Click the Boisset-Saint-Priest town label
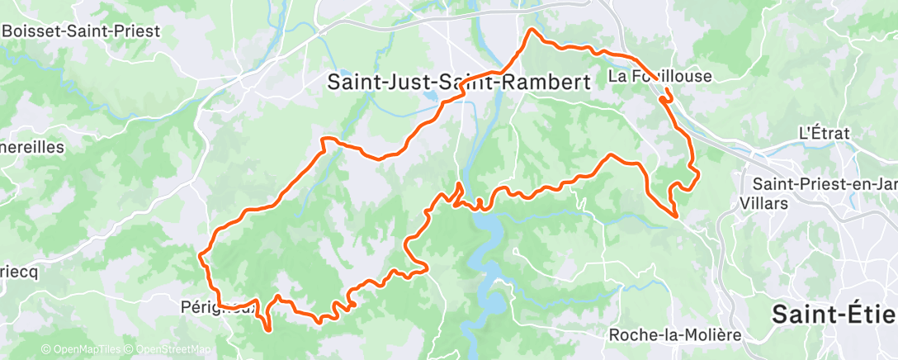click(80, 31)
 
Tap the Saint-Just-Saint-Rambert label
click(459, 83)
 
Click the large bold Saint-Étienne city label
click(834, 315)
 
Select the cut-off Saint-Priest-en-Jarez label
click(820, 185)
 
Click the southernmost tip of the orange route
click(270, 330)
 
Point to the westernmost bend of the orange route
click(201, 257)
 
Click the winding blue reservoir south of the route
click(487, 264)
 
